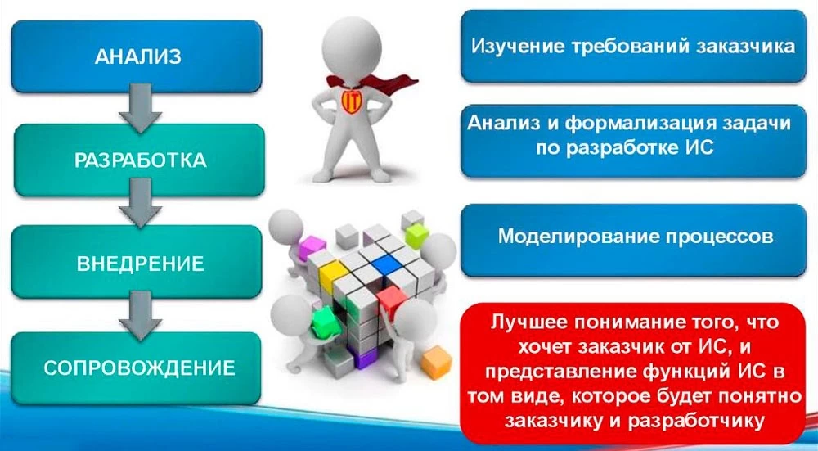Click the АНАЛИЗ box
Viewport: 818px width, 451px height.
pos(137,56)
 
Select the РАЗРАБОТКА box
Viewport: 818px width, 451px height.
pos(139,160)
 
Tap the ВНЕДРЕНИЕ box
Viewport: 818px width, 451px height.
pos(137,262)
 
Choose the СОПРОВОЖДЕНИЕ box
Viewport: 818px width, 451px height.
pos(136,368)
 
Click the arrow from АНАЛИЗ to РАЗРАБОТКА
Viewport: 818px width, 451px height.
pos(140,109)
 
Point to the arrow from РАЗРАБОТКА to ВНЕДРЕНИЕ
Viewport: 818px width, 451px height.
pos(140,202)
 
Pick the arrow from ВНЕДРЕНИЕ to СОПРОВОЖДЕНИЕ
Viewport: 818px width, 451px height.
pos(140,316)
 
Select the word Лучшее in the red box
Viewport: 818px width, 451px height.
pos(528,322)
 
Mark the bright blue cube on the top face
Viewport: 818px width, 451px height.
pos(387,264)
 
